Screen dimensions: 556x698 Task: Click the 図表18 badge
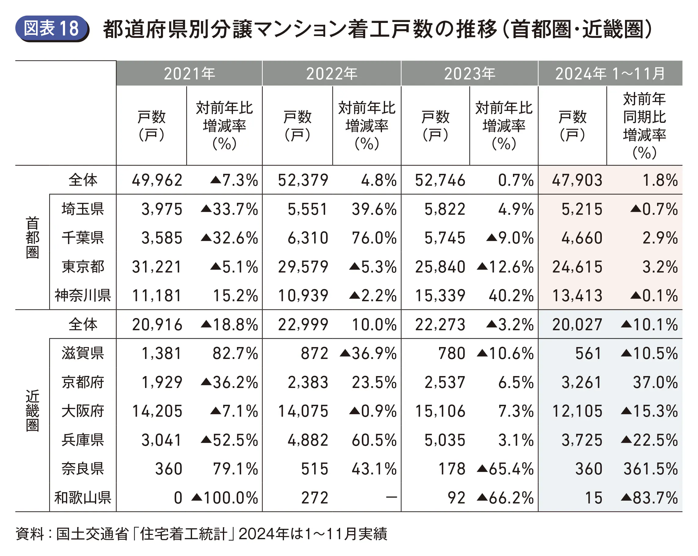coord(52,28)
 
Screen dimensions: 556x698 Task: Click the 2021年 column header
coord(189,74)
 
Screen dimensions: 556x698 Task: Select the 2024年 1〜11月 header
coord(610,74)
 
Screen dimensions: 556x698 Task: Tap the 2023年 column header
coord(469,74)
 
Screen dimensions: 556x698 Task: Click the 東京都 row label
coord(83,267)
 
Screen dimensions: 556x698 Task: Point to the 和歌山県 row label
coord(83,497)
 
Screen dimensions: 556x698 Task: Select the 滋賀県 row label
coord(83,353)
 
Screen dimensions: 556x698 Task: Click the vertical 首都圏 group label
coord(32,238)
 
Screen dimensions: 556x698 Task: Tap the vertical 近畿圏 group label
coord(32,411)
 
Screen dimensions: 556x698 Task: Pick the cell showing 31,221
coord(157,267)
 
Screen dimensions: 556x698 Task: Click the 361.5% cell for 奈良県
coord(650,469)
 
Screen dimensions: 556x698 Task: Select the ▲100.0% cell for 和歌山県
coord(225,497)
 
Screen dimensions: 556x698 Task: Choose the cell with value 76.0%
coord(374,238)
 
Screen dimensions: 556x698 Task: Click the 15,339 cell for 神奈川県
coord(440,296)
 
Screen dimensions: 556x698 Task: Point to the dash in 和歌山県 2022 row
coord(391,497)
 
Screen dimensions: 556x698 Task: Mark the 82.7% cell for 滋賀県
coord(235,353)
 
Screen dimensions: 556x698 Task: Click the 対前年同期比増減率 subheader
coord(644,126)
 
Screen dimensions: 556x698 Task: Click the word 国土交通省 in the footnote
coord(93,534)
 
